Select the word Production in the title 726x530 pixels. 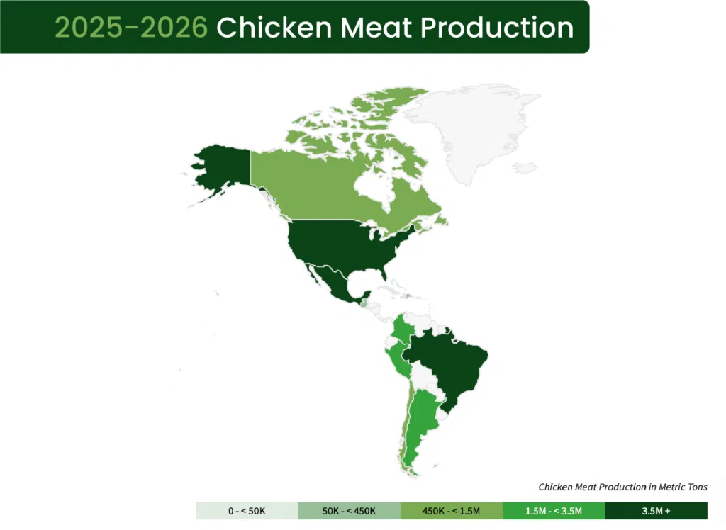coord(496,27)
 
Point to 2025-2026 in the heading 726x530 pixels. coord(131,27)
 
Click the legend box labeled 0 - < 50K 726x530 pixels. coord(247,511)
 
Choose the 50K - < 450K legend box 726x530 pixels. coord(349,511)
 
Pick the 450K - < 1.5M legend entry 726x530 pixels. coord(451,511)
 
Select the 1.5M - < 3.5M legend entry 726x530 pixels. coord(554,511)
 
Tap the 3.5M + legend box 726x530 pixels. coord(656,511)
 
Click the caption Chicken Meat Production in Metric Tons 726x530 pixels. coord(622,487)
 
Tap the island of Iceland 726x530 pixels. coord(525,169)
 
